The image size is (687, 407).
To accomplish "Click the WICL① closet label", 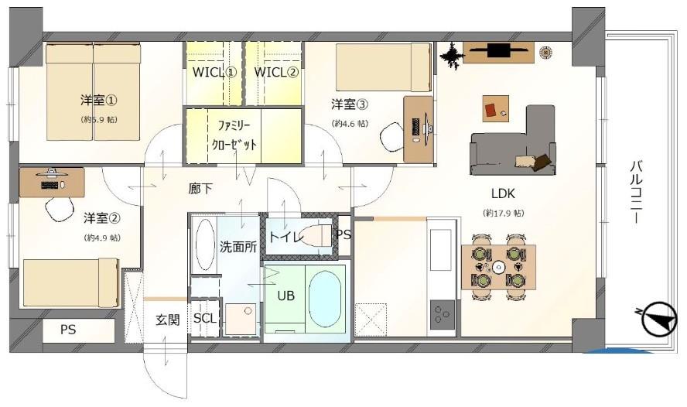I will point(214,73).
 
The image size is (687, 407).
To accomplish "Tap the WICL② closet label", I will point(275,73).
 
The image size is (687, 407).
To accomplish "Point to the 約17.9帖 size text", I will point(504,213).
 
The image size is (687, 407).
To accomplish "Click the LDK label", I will point(503,193).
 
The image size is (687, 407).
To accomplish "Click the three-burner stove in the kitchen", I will point(443,313).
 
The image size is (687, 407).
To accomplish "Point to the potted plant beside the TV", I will point(451,55).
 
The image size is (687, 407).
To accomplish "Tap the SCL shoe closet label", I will point(205,318).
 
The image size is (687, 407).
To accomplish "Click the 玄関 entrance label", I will point(167,319).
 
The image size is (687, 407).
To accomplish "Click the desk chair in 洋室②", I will point(57,209).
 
